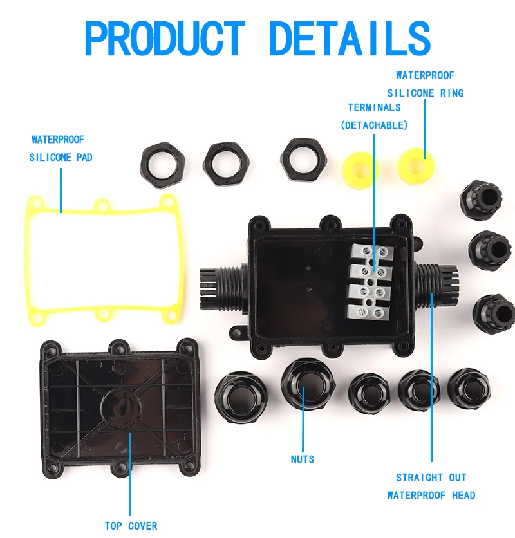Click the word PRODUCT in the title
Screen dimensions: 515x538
165,39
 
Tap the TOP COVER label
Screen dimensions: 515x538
131,526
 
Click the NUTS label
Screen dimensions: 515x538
302,459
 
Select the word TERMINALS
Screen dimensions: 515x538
374,107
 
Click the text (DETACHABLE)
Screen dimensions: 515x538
374,125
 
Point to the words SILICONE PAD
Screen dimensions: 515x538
61,157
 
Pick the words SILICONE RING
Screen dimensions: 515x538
425,93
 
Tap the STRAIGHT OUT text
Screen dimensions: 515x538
431,478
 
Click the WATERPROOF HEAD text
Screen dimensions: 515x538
431,495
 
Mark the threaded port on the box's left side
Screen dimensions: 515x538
219,284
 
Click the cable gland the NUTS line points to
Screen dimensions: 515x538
307,384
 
